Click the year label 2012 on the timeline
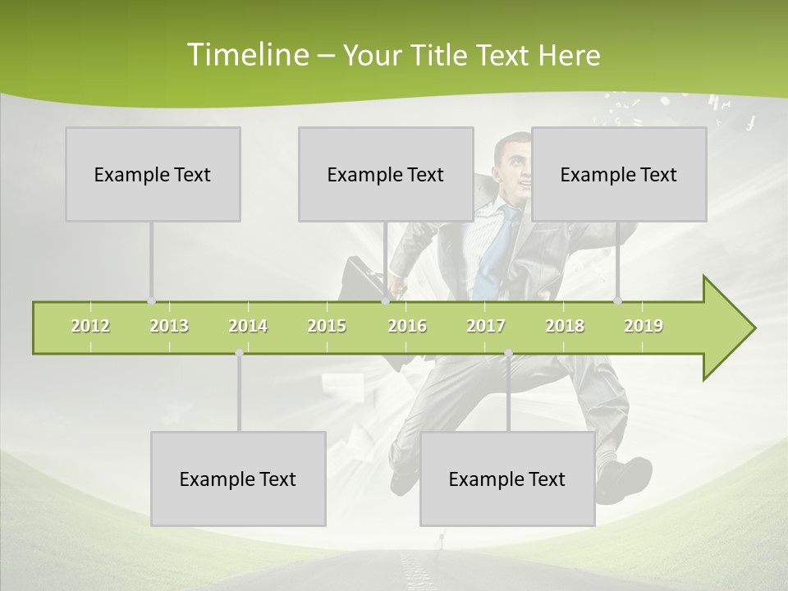[x=90, y=326]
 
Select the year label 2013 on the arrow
[x=169, y=326]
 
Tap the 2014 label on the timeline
[x=248, y=326]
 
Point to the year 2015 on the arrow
[x=327, y=326]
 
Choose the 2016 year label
[x=407, y=326]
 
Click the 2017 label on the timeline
[x=486, y=326]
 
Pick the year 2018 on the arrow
[x=565, y=326]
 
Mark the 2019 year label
[x=644, y=326]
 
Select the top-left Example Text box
[x=153, y=175]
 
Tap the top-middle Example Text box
[x=386, y=175]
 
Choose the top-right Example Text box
[x=619, y=175]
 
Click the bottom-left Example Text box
[x=238, y=479]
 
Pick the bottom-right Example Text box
[x=507, y=479]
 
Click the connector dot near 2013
[x=151, y=300]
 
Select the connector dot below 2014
[x=239, y=353]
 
